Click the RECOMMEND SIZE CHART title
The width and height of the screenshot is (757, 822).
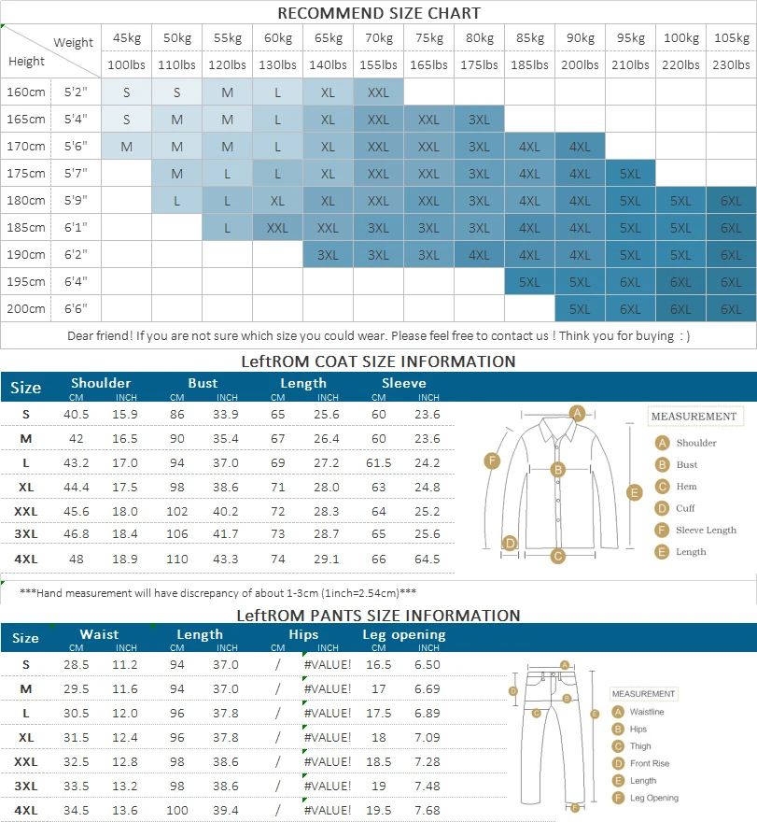click(378, 13)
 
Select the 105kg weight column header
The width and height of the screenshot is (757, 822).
click(731, 38)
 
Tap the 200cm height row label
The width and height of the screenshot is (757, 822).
click(26, 308)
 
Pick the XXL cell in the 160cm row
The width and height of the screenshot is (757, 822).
click(378, 92)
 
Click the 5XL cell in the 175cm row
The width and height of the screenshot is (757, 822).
click(630, 174)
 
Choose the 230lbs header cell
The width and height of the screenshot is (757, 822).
click(731, 65)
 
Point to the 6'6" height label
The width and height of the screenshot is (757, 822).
click(76, 308)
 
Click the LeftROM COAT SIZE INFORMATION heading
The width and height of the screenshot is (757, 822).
click(378, 361)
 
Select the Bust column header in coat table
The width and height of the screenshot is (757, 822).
click(203, 383)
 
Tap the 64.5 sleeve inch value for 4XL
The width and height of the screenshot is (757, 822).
click(428, 559)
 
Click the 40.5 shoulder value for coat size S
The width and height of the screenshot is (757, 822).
click(77, 415)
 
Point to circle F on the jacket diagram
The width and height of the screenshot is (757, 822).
click(492, 460)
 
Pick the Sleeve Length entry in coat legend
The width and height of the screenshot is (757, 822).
click(706, 530)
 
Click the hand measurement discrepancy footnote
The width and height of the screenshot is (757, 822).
click(218, 592)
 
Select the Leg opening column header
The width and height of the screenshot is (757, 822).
click(403, 635)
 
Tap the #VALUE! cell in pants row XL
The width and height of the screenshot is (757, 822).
click(327, 737)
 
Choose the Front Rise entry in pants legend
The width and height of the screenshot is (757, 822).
click(649, 763)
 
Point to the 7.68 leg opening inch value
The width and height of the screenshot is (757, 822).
click(427, 810)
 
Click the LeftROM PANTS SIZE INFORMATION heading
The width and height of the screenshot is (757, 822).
click(378, 616)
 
